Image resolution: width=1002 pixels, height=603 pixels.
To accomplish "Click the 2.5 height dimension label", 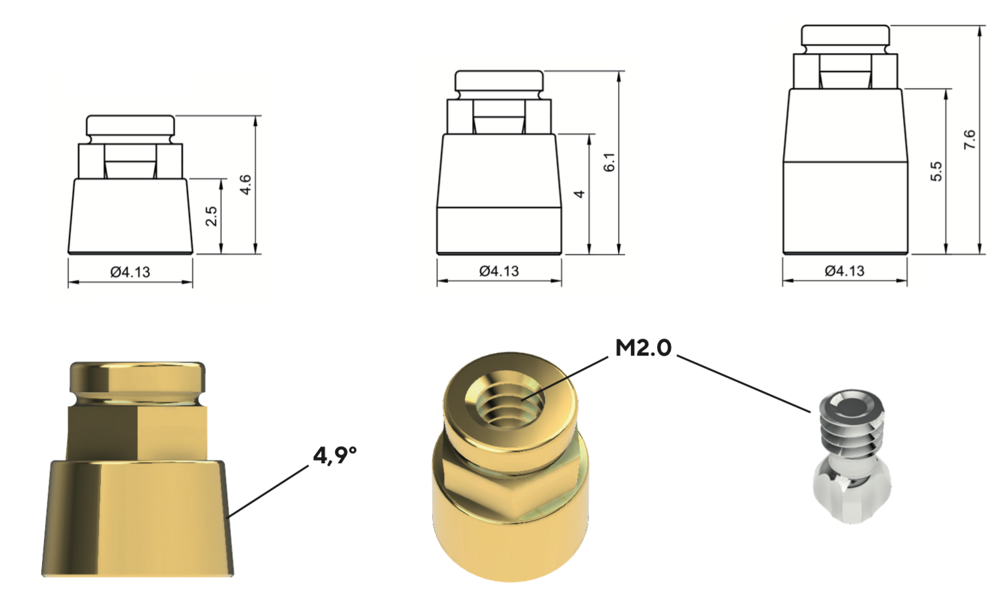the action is [x=212, y=217].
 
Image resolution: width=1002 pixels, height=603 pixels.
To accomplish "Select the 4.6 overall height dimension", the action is [x=245, y=185].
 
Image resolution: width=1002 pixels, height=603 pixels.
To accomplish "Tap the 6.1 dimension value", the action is [x=609, y=162].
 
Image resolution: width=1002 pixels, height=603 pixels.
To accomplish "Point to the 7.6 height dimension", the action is [x=969, y=140].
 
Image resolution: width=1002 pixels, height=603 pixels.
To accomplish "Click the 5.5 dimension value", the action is [x=936, y=171].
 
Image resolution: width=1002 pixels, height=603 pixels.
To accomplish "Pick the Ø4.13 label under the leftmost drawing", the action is [x=130, y=272].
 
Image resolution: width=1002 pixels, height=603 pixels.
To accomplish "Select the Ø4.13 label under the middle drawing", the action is [x=499, y=271].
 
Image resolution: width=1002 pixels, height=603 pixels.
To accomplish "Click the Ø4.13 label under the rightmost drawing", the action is [x=845, y=271].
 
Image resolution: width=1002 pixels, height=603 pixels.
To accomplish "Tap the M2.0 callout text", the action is [x=643, y=348].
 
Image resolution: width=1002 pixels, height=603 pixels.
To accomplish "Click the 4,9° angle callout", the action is [x=334, y=456].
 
